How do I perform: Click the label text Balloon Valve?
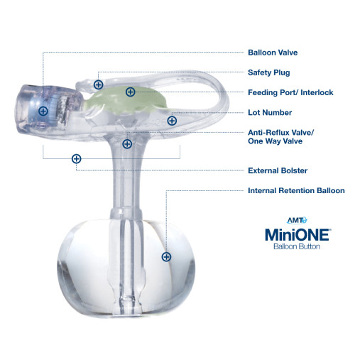click(272, 53)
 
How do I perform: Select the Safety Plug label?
click(268, 72)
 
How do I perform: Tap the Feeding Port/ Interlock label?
click(290, 92)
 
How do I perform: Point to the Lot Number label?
click(269, 112)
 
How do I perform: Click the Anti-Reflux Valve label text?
click(280, 132)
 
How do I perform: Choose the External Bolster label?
click(277, 170)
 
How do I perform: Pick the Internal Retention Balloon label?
click(295, 190)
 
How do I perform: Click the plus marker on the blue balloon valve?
click(43, 111)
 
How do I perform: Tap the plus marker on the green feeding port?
click(130, 92)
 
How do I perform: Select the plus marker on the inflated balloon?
click(166, 257)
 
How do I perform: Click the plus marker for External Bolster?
click(76, 159)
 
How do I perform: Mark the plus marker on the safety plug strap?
click(98, 84)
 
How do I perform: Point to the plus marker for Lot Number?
click(172, 121)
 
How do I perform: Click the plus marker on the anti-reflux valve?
click(127, 144)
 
